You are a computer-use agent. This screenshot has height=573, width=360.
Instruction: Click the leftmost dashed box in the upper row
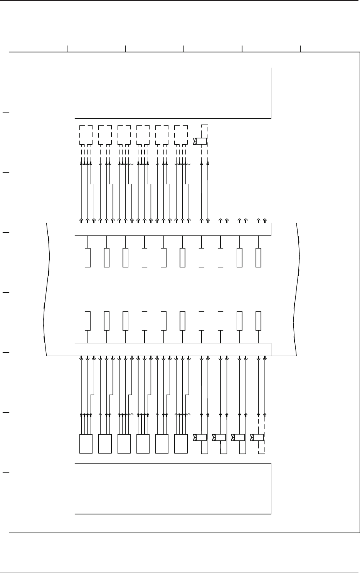[86, 134]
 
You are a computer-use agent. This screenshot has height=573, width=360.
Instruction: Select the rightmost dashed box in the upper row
[181, 134]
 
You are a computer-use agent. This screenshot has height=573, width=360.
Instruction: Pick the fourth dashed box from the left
[143, 134]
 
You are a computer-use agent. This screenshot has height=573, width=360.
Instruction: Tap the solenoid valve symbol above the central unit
[201, 141]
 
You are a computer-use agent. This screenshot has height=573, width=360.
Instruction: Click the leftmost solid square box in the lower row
[86, 444]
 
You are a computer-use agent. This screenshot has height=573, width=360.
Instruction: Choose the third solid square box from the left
[124, 444]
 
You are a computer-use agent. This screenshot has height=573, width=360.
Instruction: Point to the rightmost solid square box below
[181, 444]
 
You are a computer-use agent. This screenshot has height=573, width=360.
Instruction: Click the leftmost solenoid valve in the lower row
[201, 437]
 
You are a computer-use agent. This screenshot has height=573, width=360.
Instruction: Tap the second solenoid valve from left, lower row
[220, 437]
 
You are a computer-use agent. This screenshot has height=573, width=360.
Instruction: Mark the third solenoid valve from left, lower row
[239, 437]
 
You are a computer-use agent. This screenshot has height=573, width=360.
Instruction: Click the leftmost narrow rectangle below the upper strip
[87, 258]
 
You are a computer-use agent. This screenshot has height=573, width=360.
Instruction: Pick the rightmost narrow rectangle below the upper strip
[259, 258]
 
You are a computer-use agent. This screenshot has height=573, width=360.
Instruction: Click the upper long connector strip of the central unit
[173, 229]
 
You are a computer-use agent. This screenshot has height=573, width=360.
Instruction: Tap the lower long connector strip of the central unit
[173, 349]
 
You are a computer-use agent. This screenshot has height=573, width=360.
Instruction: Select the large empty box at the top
[173, 93]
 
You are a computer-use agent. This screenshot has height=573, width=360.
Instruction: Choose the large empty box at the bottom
[173, 489]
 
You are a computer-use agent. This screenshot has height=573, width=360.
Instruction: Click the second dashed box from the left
[105, 134]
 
